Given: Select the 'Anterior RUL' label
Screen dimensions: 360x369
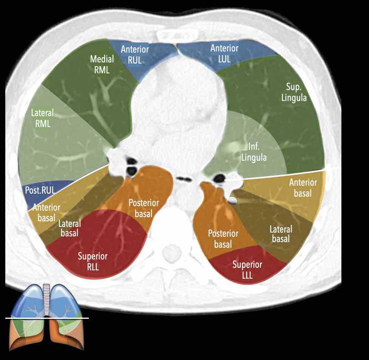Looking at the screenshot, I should (x=135, y=54).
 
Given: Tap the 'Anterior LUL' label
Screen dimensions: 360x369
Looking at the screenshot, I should (x=224, y=53).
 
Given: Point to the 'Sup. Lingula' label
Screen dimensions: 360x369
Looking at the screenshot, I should (x=296, y=92).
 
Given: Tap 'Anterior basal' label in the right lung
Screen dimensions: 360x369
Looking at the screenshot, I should (x=46, y=213).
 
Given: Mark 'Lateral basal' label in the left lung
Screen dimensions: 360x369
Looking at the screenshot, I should (x=281, y=234).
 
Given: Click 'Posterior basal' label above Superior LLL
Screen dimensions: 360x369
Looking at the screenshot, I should (x=223, y=239).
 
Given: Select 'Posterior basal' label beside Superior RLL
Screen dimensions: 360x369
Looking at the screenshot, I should (x=140, y=208).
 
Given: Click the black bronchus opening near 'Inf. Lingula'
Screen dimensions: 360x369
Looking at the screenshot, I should (x=219, y=177).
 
